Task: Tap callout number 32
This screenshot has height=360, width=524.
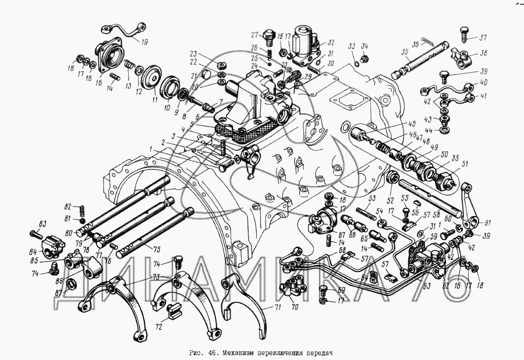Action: tap(331, 43)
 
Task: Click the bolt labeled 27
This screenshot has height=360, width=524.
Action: tap(268, 38)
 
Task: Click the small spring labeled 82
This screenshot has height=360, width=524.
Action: tap(83, 209)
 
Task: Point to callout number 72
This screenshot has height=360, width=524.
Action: tap(158, 327)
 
